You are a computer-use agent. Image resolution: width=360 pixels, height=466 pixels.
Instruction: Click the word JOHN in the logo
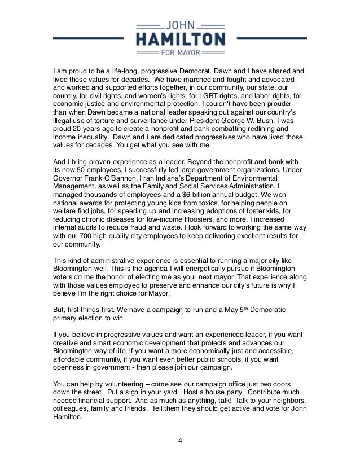coord(179,25)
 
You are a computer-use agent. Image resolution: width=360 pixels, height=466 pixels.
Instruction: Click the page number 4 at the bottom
coord(179,441)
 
